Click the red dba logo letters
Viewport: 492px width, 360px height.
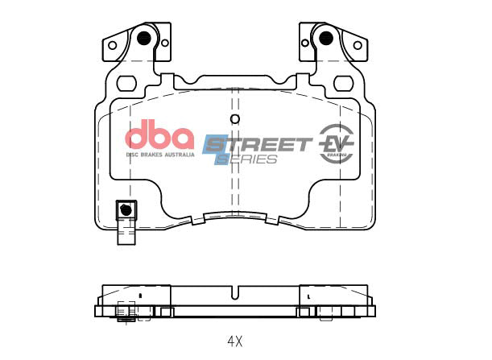158,134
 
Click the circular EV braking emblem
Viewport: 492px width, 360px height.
337,143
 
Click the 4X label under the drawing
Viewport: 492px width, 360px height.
234,341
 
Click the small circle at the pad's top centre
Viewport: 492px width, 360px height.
234,120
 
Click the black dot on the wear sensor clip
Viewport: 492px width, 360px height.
125,209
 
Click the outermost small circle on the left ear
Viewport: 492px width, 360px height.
113,45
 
